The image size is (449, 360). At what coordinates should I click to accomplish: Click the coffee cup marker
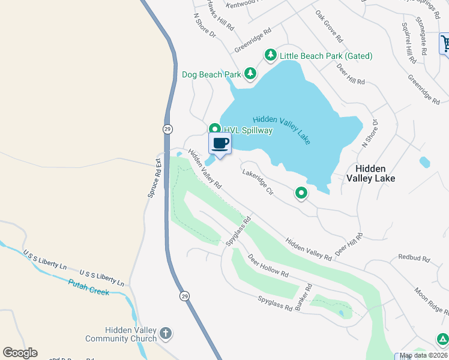pos(220,144)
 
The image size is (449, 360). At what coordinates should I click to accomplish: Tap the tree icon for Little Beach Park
pos(271,56)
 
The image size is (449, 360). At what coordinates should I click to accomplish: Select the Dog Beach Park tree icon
pos(250,74)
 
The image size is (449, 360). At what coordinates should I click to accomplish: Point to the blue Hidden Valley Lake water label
pos(282,130)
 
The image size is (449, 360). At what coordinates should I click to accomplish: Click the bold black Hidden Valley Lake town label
pos(370,173)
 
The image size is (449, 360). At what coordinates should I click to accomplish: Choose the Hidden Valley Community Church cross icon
pos(166,332)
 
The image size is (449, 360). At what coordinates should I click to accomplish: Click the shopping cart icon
pos(445,44)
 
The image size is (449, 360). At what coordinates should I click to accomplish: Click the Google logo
pos(20,353)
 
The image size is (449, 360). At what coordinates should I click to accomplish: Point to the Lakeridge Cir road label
pos(258,182)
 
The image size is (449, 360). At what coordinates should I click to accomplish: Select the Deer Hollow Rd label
pos(268,265)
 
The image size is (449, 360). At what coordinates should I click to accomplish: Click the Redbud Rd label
pos(414,259)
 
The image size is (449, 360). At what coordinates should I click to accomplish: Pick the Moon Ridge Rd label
pos(430,301)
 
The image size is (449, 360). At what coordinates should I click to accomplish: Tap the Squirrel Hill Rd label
pos(409,43)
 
